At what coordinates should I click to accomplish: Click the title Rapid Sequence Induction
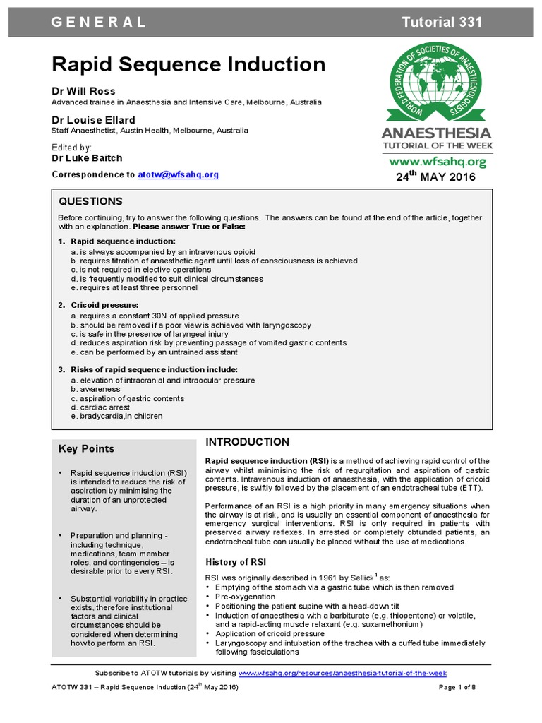pos(188,65)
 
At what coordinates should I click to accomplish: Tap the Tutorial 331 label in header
pos(442,22)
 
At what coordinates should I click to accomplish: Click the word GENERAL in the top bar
pos(99,22)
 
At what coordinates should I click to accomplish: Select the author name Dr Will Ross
pos(83,91)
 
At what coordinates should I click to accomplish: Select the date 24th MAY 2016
pos(435,177)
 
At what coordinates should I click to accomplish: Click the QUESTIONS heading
pos(90,202)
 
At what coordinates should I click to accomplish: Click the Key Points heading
pos(86,448)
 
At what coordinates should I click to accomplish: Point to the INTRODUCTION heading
pos(247,442)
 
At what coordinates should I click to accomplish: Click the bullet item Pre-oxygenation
pos(239,597)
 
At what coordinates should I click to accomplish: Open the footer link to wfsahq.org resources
pos(342,673)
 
